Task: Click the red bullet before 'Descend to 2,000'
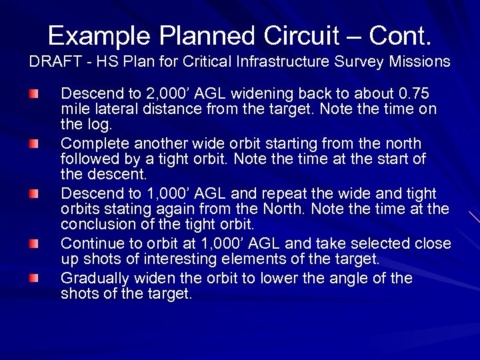(34, 93)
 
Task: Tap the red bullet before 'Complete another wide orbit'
(34, 143)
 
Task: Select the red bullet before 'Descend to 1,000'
(34, 193)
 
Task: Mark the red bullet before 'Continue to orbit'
(34, 244)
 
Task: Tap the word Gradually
(93, 278)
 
